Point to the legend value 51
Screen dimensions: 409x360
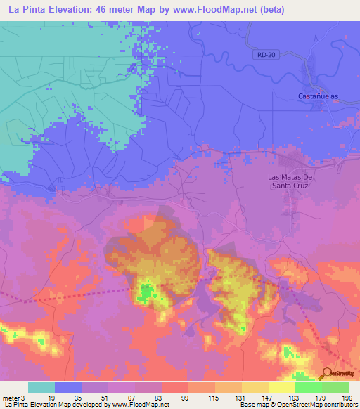click(x=105, y=397)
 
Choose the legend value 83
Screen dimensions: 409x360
click(x=158, y=397)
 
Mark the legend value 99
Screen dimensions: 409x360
click(x=185, y=397)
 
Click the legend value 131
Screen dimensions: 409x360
click(x=238, y=397)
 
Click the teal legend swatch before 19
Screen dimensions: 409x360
click(x=41, y=387)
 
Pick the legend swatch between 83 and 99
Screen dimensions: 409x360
click(x=174, y=387)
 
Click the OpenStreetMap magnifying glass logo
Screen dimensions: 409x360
click(x=327, y=373)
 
